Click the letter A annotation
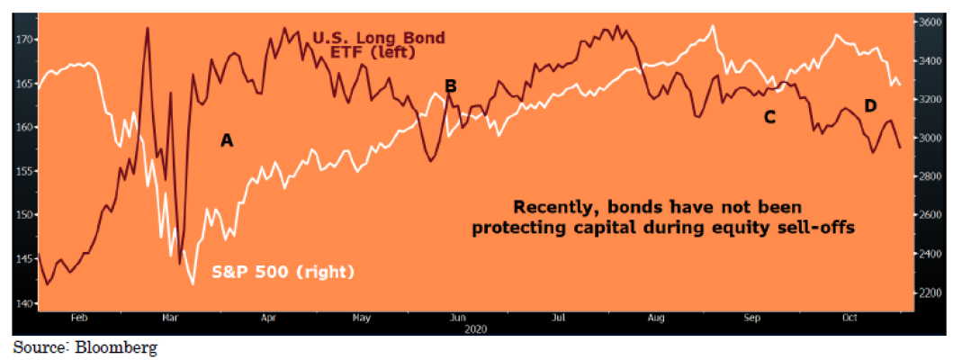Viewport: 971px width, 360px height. (227, 140)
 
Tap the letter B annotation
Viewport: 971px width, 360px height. (451, 86)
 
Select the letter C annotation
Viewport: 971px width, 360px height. (769, 117)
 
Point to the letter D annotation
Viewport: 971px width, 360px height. (870, 106)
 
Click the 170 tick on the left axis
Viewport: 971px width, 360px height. (24, 40)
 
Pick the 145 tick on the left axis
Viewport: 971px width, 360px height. (24, 258)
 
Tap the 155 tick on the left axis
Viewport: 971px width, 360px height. (24, 171)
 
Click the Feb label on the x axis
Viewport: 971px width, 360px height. (78, 318)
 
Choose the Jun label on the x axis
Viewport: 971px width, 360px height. (457, 318)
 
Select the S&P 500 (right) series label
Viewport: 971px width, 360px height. (283, 271)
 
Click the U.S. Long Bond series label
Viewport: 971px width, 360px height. (365, 38)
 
